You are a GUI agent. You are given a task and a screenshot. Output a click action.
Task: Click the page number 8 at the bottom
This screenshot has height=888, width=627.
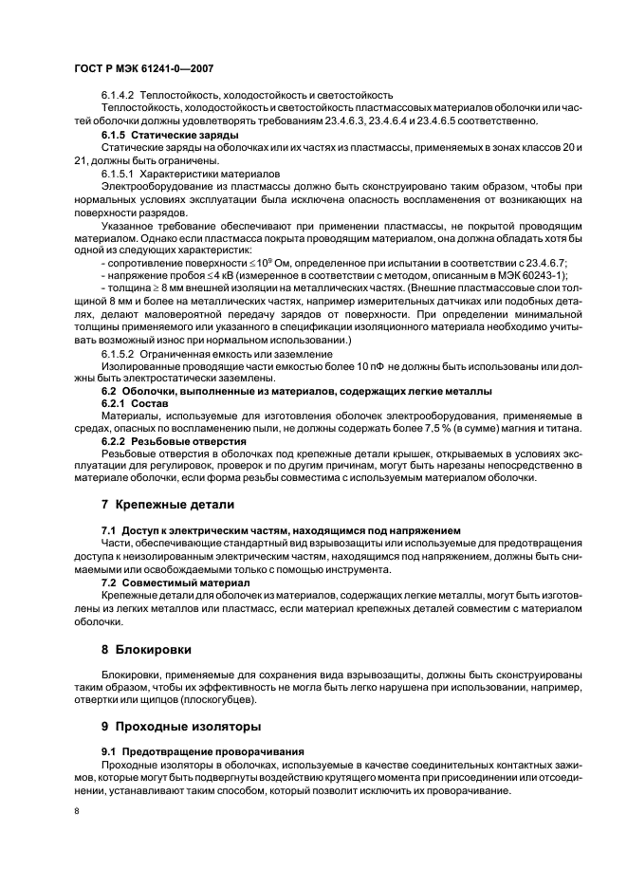tap(78, 812)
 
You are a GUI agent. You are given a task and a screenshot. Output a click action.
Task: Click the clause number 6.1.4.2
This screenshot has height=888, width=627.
tap(119, 95)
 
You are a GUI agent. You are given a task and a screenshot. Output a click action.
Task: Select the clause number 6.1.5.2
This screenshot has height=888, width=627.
tap(119, 353)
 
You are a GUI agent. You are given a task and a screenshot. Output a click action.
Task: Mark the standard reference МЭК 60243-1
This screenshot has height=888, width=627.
tap(529, 275)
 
